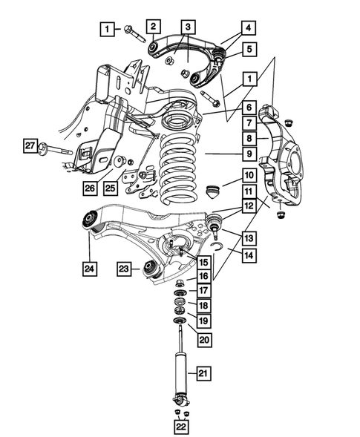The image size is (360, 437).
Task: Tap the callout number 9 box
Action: tap(250, 154)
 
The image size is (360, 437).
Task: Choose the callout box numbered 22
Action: tap(181, 426)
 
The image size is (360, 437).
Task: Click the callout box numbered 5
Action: tap(249, 50)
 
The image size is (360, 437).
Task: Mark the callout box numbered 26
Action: tap(90, 188)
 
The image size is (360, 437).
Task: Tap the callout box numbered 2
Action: tap(153, 27)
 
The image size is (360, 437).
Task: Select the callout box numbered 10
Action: tap(249, 176)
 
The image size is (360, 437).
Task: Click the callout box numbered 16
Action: tap(202, 275)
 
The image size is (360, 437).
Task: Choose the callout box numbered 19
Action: tap(202, 321)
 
